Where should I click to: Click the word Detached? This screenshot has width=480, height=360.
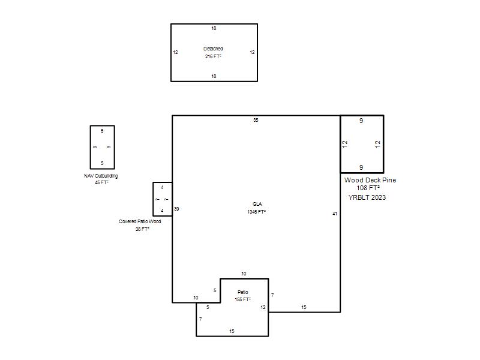point(213,49)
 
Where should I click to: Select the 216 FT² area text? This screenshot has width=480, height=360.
point(213,56)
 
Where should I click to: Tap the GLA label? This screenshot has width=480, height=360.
point(257,204)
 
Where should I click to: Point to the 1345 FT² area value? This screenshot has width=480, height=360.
point(257,212)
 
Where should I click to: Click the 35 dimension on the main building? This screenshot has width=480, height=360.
point(256,120)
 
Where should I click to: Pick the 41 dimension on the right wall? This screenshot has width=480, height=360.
point(335,214)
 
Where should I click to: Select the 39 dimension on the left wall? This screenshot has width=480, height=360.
point(176,209)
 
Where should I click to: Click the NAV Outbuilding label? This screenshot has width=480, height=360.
point(101,176)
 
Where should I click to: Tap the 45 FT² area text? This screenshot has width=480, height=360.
point(101,182)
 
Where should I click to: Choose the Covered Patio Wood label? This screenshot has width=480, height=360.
point(140,221)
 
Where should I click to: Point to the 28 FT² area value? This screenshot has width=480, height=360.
point(142,229)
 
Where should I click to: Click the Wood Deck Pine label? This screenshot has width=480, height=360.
point(370,180)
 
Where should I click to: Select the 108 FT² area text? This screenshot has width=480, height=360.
point(368,188)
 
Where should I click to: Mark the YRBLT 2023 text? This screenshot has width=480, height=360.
point(367,197)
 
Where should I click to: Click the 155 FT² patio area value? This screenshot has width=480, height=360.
point(243,299)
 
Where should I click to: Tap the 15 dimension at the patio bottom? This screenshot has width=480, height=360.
point(232,331)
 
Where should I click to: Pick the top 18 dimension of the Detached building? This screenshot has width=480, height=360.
point(214,28)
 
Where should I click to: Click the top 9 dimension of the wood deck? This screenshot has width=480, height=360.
point(361,121)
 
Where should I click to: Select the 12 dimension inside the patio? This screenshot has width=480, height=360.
point(263,307)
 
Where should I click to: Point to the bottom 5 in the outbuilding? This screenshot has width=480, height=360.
point(102,163)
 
